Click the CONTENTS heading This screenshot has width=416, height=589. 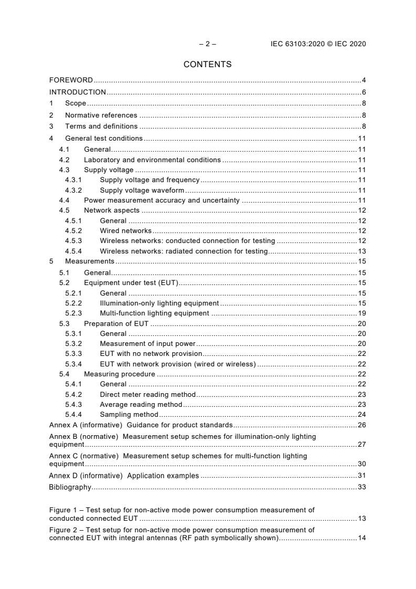click(207, 65)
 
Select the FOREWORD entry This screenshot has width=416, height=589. click(71, 80)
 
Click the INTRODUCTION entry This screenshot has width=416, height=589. click(78, 92)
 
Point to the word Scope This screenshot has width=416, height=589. click(76, 103)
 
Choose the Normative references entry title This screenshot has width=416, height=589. click(101, 115)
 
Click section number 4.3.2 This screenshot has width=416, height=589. click(73, 191)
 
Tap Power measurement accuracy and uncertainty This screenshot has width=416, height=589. click(162, 201)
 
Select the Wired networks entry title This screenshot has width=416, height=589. click(125, 230)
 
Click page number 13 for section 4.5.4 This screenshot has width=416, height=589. click(361, 251)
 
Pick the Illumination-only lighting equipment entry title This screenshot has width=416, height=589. click(159, 303)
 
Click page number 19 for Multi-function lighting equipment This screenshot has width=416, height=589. click(361, 313)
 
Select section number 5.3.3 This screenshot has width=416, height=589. click(73, 354)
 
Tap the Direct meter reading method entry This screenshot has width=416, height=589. click(147, 394)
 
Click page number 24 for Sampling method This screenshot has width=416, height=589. click(361, 414)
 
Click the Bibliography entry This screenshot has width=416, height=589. click(70, 487)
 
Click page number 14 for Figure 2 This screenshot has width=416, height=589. click(361, 538)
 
